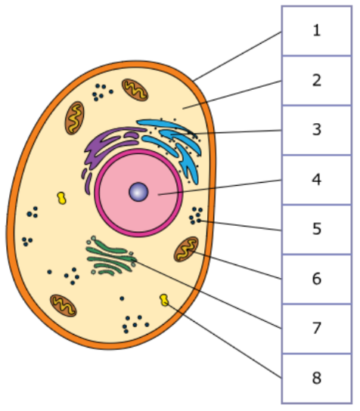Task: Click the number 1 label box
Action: point(317,31)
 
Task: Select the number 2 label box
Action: point(317,81)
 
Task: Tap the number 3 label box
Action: point(317,130)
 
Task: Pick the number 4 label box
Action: point(317,180)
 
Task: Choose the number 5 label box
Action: point(317,230)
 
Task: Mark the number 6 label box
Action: point(317,279)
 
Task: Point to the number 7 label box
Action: point(317,329)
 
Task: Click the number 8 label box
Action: point(317,379)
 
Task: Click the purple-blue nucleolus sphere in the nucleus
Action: point(138,192)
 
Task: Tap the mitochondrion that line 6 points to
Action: point(186,249)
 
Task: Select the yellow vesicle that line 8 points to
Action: point(164,300)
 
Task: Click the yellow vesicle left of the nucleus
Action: point(62,198)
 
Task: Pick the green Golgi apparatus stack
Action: point(111,256)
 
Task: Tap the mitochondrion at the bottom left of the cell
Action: point(64,306)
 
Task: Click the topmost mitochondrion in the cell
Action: point(135,90)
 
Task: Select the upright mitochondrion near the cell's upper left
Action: point(75,118)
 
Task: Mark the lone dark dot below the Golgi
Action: point(122,298)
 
